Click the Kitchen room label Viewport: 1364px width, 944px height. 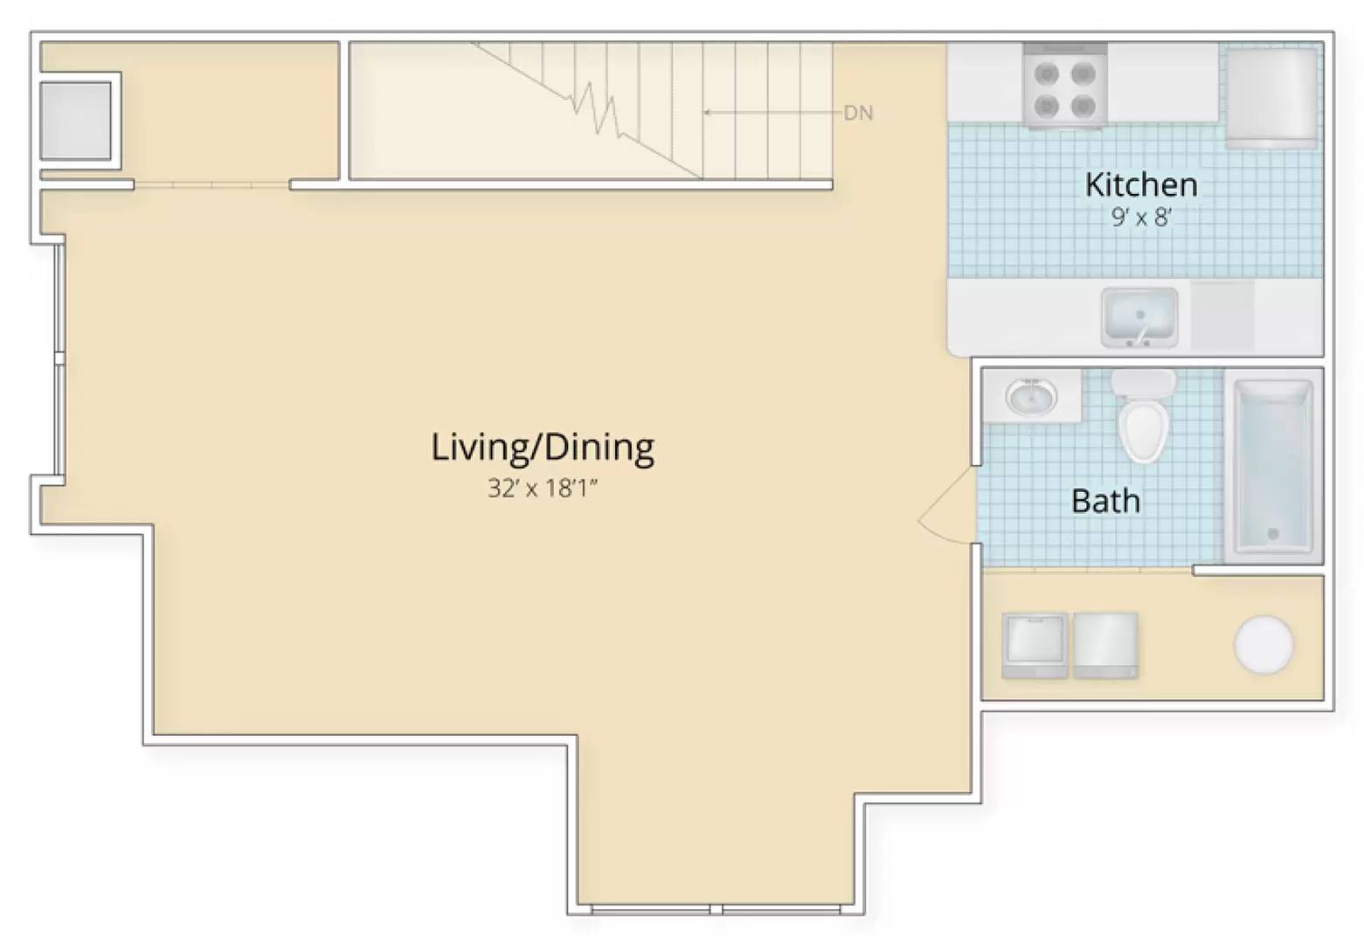1141,184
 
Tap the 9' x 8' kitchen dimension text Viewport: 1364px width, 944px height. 1141,218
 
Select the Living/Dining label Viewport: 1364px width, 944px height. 543,448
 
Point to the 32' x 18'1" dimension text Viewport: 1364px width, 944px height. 543,488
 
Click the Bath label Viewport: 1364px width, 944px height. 1106,501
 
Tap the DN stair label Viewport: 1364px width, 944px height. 859,113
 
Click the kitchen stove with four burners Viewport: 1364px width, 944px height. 1065,86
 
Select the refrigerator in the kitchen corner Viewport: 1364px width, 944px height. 1271,97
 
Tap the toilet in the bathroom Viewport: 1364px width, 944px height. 1144,415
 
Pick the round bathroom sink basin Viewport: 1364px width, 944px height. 1032,397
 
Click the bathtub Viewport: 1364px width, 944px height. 1272,466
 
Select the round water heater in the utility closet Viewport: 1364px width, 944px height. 1264,645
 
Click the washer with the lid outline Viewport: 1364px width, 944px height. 1035,646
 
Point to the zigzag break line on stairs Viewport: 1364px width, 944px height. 597,109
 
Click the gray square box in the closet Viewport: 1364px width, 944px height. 75,121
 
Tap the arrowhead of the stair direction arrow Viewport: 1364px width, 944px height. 706,113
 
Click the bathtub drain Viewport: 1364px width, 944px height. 1272,534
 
